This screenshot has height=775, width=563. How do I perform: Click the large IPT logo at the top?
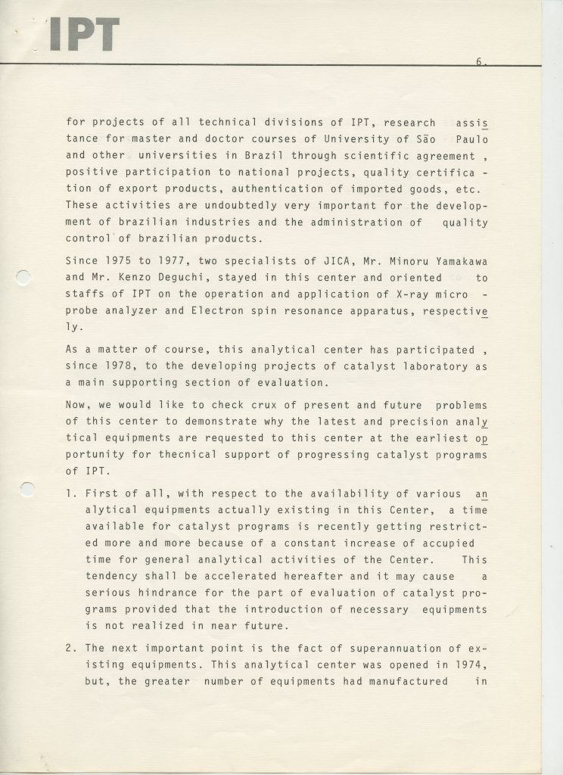click(84, 34)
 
